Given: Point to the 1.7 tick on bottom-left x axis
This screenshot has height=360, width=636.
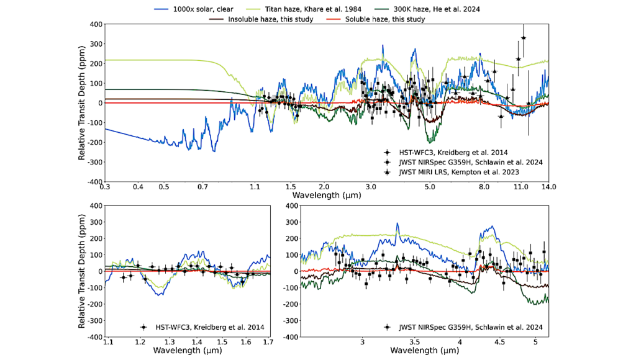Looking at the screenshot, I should tap(268, 342).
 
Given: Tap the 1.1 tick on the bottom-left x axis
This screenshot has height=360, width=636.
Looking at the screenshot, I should tap(109, 342).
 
